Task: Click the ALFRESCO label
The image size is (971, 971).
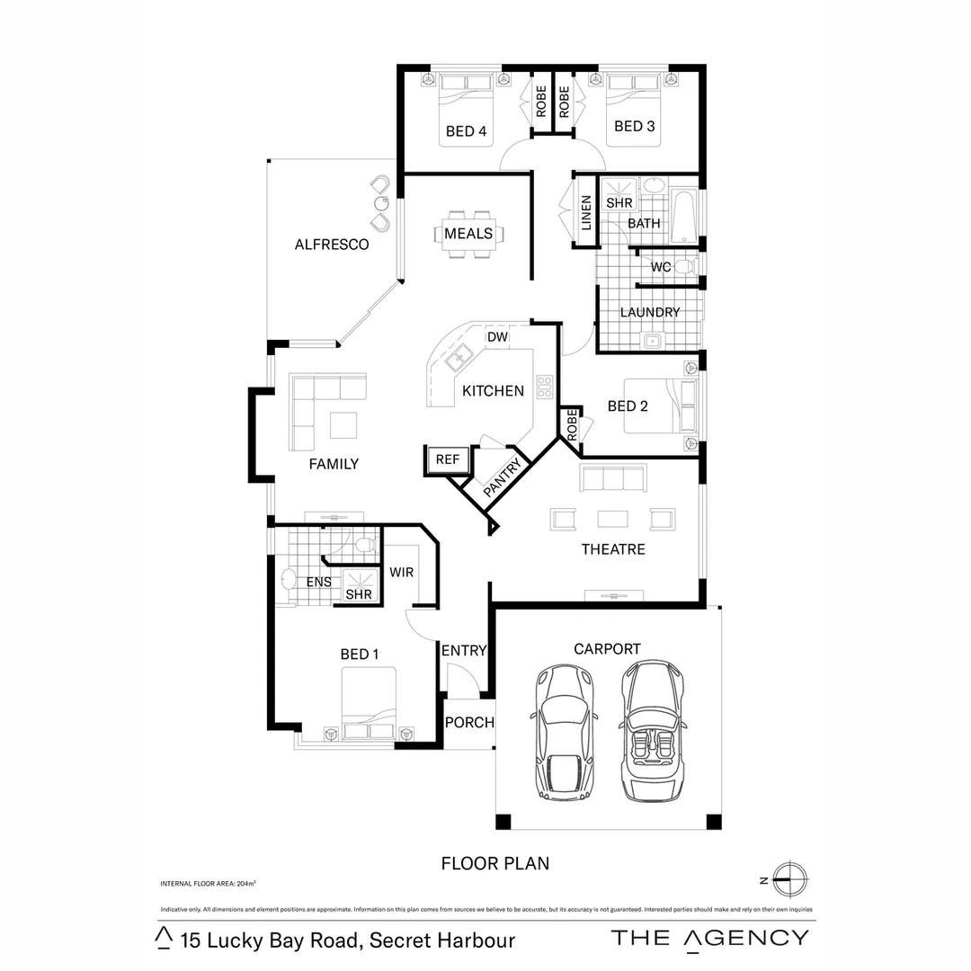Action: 332,244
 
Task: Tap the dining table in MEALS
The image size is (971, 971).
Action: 468,234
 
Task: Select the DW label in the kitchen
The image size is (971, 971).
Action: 497,337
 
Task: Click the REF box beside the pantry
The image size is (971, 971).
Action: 447,459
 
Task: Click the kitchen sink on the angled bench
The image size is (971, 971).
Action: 459,358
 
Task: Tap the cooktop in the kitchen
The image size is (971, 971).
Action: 544,387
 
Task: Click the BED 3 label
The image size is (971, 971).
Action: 634,126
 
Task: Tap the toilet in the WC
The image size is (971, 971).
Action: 685,266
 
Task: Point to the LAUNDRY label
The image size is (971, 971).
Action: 650,312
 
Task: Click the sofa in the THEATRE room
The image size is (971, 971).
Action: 613,478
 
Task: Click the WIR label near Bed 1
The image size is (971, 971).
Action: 401,572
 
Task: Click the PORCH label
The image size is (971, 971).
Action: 469,722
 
